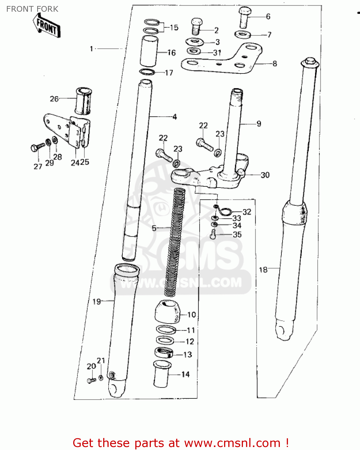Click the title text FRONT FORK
pos(32,9)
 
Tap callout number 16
pos(172,53)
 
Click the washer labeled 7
pos(242,34)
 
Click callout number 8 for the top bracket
pos(274,64)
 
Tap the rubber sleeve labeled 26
pos(83,101)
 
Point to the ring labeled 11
pos(166,330)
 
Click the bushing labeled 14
pos(162,374)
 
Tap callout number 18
pos(263,270)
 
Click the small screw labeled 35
pos(213,234)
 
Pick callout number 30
pos(265,175)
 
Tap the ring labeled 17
pos(147,72)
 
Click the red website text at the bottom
pos(181,443)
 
